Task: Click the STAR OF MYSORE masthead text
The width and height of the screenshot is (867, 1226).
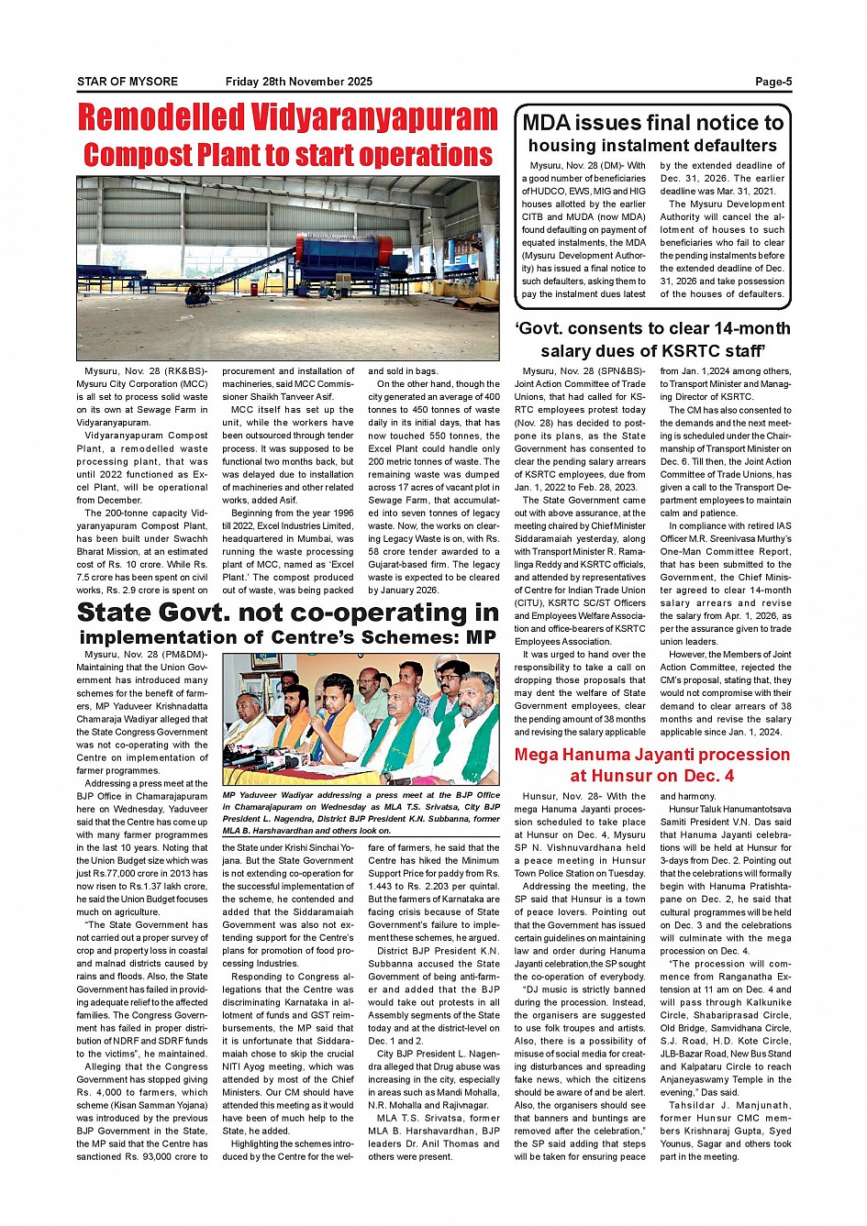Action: [x=128, y=82]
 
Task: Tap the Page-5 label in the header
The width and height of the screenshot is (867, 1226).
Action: [x=773, y=82]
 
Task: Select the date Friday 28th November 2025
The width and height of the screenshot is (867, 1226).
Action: [x=299, y=82]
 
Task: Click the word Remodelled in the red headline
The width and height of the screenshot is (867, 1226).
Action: [x=161, y=118]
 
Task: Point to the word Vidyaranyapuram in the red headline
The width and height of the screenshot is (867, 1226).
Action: [x=374, y=118]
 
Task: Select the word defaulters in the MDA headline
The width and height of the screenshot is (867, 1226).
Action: [x=731, y=145]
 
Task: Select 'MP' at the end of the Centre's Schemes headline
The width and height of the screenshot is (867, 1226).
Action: [x=481, y=636]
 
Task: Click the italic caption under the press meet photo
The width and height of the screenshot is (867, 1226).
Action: [x=361, y=812]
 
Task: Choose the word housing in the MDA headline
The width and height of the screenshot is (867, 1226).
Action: [x=562, y=145]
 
